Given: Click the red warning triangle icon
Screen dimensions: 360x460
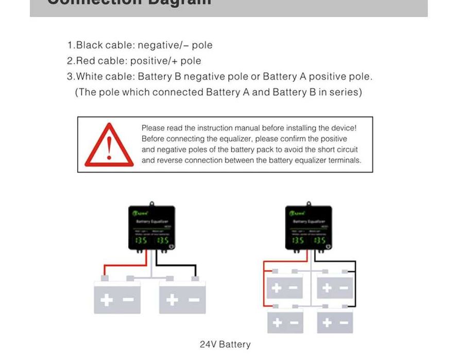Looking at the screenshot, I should click(x=109, y=145).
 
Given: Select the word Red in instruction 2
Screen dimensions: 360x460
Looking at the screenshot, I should click(x=86, y=61).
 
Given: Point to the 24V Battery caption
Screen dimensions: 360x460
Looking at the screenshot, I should click(x=225, y=345).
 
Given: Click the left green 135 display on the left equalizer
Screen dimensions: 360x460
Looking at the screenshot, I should click(x=141, y=241).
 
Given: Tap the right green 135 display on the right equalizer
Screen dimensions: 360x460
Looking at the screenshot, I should click(x=319, y=241).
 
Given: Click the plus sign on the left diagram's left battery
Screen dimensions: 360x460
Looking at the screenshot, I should click(x=107, y=299).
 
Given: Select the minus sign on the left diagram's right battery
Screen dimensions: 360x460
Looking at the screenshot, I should click(x=194, y=299).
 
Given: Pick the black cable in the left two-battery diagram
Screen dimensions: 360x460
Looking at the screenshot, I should click(x=178, y=266).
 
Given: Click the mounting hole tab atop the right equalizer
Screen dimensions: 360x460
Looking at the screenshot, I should click(x=309, y=204).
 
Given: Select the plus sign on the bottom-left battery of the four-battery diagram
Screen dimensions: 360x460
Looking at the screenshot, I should click(x=277, y=323).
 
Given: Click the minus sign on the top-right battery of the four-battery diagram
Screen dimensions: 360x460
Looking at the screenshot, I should click(x=344, y=288).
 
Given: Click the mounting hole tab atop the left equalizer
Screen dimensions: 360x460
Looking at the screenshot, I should click(x=151, y=204).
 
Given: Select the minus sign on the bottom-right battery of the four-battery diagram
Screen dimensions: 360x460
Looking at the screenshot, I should click(x=344, y=323).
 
